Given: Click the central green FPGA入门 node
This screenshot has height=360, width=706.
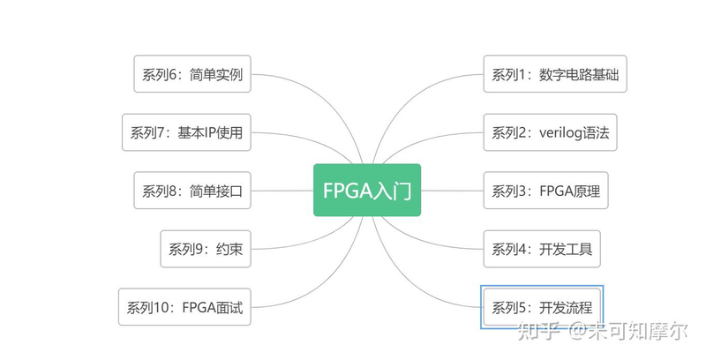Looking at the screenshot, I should tap(367, 190).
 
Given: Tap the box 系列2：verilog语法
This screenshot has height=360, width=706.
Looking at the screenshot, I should tap(550, 132).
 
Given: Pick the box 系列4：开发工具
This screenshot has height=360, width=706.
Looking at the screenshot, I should tap(541, 249).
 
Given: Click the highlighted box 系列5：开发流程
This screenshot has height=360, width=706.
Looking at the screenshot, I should tap(541, 307).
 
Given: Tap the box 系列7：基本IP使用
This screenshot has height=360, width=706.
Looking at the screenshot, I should tap(186, 132).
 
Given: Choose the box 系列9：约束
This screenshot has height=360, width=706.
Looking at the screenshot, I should tap(205, 249).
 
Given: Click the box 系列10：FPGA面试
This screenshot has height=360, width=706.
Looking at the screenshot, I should tap(184, 307).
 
